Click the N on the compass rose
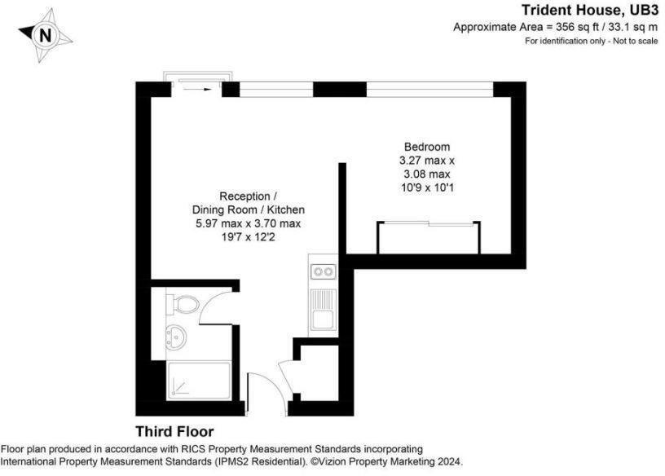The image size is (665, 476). [x=46, y=35]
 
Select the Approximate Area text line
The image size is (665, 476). [x=555, y=27]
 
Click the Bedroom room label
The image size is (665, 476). [x=420, y=147]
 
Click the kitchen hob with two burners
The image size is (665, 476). [x=323, y=271]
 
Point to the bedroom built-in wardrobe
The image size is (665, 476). [x=429, y=237]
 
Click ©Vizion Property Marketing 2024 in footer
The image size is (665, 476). [x=384, y=461]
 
